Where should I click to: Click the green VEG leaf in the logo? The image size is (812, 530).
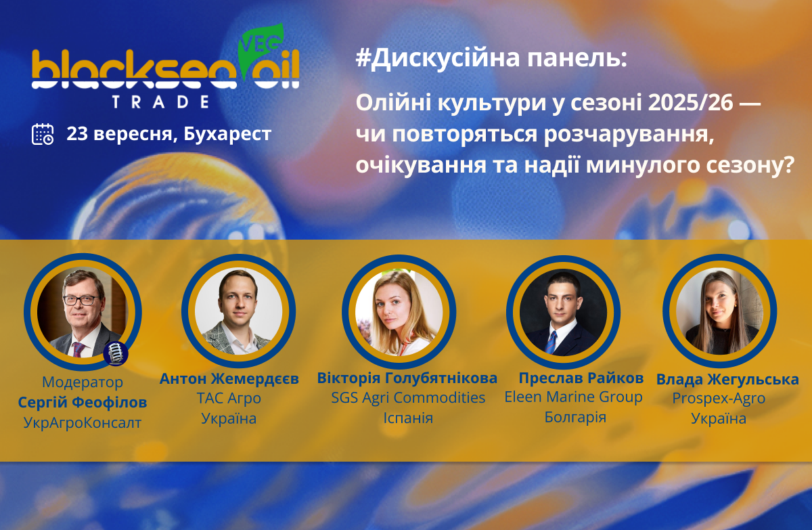(260, 49)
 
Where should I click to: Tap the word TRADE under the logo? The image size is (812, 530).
(160, 102)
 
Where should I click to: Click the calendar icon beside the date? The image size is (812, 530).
(43, 134)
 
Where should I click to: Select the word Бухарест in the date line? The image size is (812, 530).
(227, 134)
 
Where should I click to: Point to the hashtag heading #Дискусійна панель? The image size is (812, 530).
(491, 59)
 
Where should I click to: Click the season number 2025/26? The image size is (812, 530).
(690, 103)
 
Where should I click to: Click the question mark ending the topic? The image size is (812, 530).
(788, 164)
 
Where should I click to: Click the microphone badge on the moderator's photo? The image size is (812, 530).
(116, 353)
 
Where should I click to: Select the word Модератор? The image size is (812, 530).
(83, 382)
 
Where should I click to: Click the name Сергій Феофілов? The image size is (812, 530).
(83, 402)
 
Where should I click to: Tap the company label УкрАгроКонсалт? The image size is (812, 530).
(83, 422)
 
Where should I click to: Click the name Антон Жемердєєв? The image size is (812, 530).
(229, 379)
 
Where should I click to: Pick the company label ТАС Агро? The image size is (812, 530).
(229, 399)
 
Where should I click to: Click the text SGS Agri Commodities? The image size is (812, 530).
(408, 398)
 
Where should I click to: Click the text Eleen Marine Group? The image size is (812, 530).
(574, 397)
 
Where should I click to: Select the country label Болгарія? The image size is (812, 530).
(575, 417)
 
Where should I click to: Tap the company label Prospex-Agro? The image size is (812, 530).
(719, 399)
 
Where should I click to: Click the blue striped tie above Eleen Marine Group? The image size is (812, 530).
(551, 342)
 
